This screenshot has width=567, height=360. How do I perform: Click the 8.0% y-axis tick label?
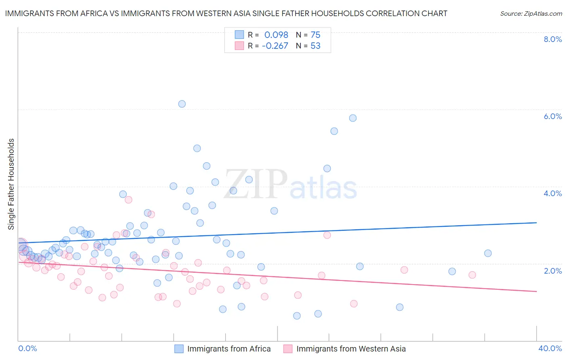tap(552, 39)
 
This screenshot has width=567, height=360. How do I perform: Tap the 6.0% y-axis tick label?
tap(552, 116)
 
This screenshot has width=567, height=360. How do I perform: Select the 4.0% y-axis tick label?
tap(552, 193)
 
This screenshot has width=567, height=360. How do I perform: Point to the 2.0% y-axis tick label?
tap(552, 270)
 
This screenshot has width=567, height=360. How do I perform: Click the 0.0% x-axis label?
tap(27, 348)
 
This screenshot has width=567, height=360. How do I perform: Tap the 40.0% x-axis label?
tap(550, 348)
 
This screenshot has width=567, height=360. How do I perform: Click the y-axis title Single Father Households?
tap(11, 184)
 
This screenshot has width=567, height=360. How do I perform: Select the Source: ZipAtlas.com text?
tap(531, 14)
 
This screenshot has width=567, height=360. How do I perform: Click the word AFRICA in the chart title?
tap(93, 13)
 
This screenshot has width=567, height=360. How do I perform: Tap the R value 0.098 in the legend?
tap(276, 35)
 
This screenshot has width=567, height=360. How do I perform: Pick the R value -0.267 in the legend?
tap(275, 46)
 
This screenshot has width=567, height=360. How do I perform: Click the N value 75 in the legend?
tap(315, 35)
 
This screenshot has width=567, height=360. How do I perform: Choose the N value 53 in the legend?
tap(315, 46)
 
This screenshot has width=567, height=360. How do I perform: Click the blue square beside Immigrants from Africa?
tap(179, 349)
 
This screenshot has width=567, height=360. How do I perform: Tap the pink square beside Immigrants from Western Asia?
tap(288, 349)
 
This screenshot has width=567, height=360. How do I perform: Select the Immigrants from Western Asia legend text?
tap(351, 349)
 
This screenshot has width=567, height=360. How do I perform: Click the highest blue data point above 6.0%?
tap(182, 104)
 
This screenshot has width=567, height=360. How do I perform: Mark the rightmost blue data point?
tap(488, 253)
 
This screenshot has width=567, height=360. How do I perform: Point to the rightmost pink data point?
tap(472, 275)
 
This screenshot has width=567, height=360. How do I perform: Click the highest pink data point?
tap(129, 199)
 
